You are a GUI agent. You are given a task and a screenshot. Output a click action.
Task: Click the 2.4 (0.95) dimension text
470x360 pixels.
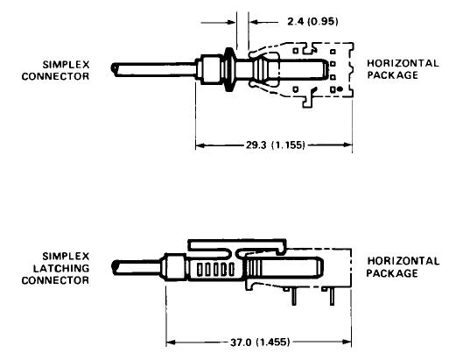click(x=312, y=22)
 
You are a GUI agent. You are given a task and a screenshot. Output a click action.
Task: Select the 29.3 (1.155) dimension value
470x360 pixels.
click(x=276, y=145)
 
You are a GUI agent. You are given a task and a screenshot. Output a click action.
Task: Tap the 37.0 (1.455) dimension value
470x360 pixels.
click(x=260, y=342)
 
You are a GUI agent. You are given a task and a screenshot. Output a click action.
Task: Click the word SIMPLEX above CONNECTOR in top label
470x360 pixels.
click(x=66, y=65)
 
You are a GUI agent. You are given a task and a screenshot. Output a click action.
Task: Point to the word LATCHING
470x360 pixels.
click(x=61, y=268)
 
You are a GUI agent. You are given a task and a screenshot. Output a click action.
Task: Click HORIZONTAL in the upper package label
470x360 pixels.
click(x=403, y=63)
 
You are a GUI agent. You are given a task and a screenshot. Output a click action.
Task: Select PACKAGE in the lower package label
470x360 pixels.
click(x=392, y=273)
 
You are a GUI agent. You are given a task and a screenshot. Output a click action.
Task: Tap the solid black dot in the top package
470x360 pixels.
click(x=340, y=89)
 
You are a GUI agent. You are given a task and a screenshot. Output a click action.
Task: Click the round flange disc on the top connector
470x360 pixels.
click(x=229, y=69)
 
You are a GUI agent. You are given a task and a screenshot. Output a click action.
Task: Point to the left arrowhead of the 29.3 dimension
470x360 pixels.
click(x=200, y=145)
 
